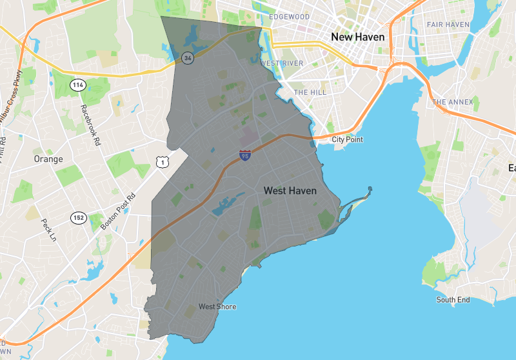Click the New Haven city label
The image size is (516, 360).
tap(357, 37)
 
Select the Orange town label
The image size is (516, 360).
tap(48, 159)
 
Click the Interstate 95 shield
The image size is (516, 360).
tap(244, 155)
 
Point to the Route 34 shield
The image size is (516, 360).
tap(187, 57)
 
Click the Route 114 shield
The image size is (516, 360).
tap(78, 85)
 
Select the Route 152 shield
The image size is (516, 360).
tap(79, 217)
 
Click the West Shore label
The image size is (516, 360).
tap(217, 306)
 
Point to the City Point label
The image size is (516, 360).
tap(347, 139)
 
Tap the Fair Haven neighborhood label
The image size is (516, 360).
tap(448, 25)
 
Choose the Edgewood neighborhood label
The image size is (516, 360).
tap(290, 17)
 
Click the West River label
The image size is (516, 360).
tap(282, 63)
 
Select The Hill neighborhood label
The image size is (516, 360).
tap(310, 92)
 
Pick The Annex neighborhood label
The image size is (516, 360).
tap(452, 102)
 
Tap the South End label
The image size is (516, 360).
tap(453, 300)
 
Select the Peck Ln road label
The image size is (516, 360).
tap(48, 230)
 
